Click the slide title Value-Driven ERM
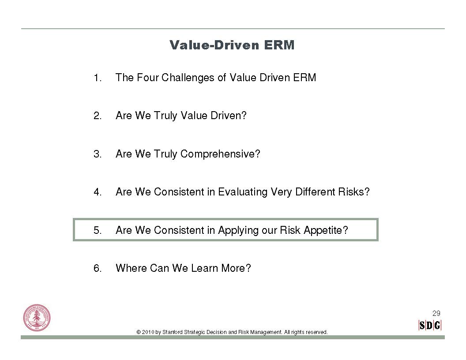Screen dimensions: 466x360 (232, 45)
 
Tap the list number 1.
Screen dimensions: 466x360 (98, 78)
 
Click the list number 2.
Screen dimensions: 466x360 (98, 116)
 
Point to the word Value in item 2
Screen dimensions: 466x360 (194, 115)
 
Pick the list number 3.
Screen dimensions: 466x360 (98, 154)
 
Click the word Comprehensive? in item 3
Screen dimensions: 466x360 (220, 154)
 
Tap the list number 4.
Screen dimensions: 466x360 (98, 192)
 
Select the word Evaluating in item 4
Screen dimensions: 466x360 (243, 192)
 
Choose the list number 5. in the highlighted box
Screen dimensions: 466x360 (98, 230)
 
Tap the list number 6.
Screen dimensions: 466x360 (98, 268)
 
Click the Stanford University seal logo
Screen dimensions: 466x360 (37, 318)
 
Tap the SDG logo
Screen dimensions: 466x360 (430, 326)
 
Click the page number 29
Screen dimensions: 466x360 (436, 313)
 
